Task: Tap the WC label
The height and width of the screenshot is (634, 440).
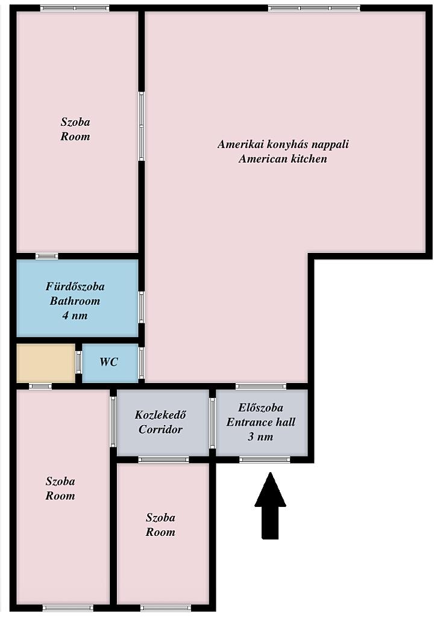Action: [x=109, y=362]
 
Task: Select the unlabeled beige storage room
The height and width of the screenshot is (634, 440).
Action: [x=46, y=362]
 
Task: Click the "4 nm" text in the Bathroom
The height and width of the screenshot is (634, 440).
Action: [x=75, y=315]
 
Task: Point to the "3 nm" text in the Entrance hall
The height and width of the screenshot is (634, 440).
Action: [x=260, y=437]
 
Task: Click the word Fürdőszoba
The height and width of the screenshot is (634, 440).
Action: [x=75, y=287]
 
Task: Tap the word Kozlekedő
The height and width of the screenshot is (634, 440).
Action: [x=160, y=415]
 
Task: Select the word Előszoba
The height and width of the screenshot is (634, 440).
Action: [x=260, y=408]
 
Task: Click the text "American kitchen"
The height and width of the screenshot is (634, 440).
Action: [x=283, y=159]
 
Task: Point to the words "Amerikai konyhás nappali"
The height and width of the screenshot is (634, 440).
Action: [x=283, y=145]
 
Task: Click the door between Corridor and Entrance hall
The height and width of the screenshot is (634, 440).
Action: [x=212, y=423]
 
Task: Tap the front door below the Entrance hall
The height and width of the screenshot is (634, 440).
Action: [x=265, y=459]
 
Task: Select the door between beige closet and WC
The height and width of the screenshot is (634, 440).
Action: [x=78, y=362]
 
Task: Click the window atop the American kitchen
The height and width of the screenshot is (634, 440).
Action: [x=314, y=8]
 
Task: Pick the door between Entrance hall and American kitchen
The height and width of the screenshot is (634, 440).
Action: [x=261, y=387]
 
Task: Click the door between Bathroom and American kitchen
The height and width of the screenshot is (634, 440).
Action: [x=141, y=307]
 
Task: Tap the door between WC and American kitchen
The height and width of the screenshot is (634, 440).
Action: [x=141, y=362]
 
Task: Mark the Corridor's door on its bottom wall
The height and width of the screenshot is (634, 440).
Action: [x=163, y=459]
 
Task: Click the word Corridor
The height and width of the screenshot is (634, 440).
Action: [x=160, y=429]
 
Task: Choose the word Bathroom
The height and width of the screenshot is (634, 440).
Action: [x=75, y=301]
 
